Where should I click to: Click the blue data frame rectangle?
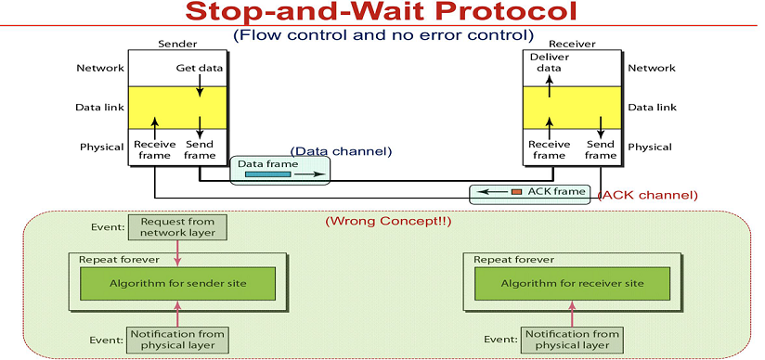(268, 174)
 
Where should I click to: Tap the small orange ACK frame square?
(516, 192)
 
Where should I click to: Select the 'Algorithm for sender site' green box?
(177, 283)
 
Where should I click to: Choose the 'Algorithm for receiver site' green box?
(572, 283)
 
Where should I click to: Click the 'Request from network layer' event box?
(177, 227)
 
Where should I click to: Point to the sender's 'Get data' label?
(199, 68)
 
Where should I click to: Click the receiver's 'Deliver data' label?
(550, 62)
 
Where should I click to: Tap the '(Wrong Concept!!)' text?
(388, 221)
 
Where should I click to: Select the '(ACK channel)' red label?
(648, 196)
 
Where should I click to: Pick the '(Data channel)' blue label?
(341, 151)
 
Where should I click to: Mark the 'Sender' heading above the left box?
(177, 44)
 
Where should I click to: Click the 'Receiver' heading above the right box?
(572, 45)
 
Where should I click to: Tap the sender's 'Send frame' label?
(200, 149)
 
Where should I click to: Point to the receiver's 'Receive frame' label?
(550, 149)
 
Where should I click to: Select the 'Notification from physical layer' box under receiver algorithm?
(572, 340)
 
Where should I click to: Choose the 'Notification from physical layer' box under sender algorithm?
(177, 340)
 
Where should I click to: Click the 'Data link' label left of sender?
(99, 108)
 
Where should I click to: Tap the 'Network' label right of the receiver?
(652, 68)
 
